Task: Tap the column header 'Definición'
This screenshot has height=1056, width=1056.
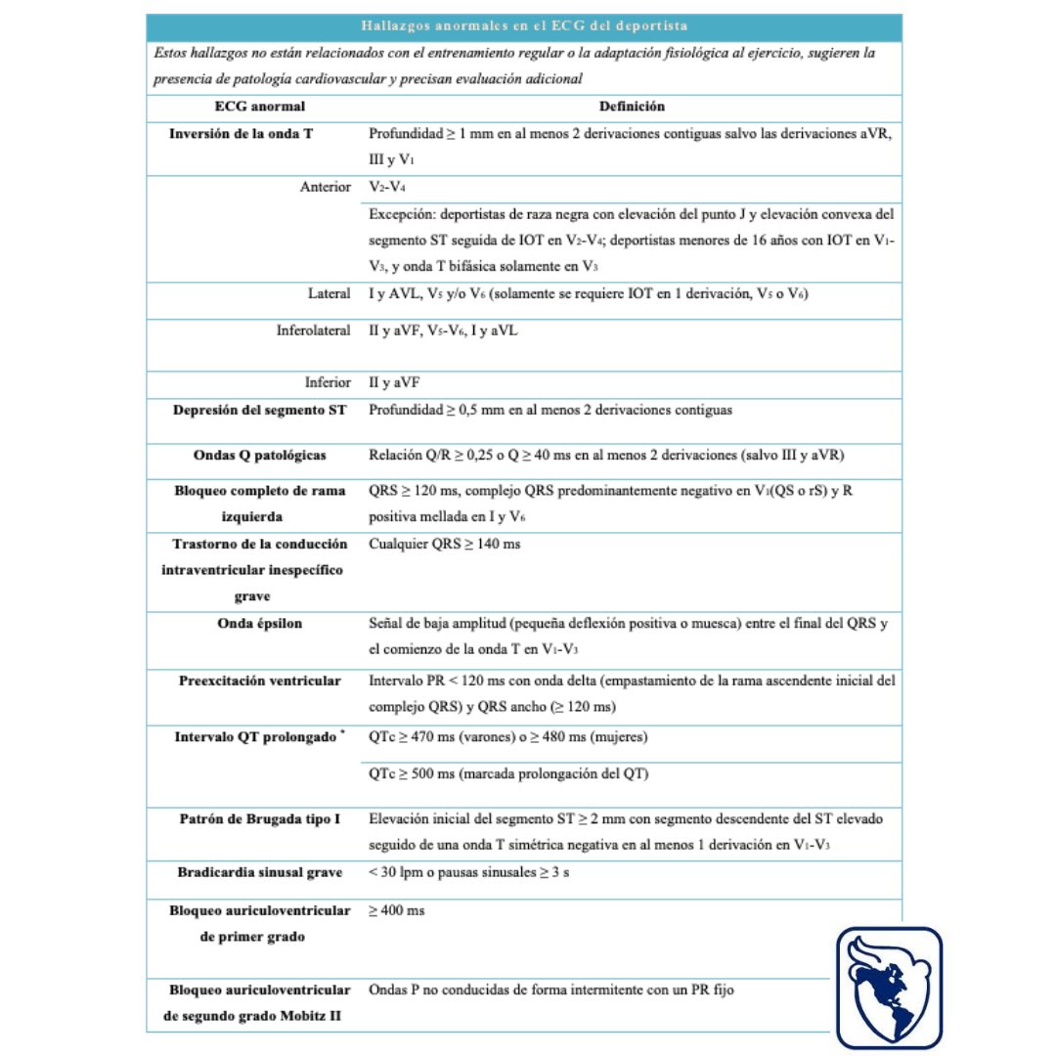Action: pyautogui.click(x=632, y=107)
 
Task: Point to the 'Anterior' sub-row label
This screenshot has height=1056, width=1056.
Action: pyautogui.click(x=325, y=187)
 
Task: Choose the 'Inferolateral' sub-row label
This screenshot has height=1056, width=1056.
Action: pyautogui.click(x=312, y=331)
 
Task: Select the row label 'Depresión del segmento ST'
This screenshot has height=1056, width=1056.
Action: pyautogui.click(x=257, y=411)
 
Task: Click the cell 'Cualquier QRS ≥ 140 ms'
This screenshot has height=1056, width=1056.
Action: pyautogui.click(x=445, y=544)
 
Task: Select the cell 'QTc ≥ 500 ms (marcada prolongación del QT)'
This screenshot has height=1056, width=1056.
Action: pyautogui.click(x=508, y=773)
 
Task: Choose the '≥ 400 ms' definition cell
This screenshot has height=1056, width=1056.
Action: pyautogui.click(x=396, y=910)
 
